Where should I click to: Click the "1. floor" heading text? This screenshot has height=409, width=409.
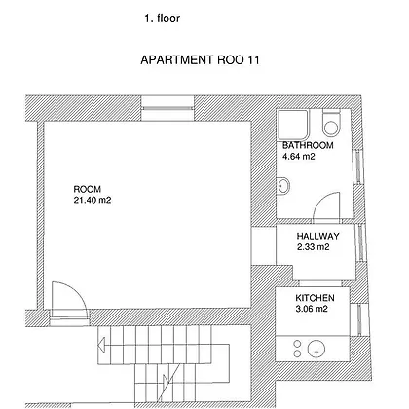[x=162, y=19]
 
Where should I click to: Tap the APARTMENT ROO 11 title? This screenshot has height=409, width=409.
[x=200, y=60]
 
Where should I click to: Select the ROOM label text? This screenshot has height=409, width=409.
[x=88, y=189]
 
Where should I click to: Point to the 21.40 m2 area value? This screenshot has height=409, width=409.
[x=93, y=200]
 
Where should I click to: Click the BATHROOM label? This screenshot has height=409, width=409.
[x=308, y=145]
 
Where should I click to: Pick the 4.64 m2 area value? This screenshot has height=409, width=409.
[x=299, y=157]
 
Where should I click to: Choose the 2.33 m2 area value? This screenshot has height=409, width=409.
[x=314, y=247]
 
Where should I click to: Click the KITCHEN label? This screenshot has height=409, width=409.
[x=315, y=298]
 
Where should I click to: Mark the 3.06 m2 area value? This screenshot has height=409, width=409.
[x=312, y=309]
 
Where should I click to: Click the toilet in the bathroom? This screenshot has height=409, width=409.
[x=331, y=123]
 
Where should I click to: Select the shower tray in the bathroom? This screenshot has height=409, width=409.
[x=293, y=125]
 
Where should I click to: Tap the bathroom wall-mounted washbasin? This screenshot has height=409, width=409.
[x=283, y=186]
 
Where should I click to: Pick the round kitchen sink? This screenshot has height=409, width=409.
[x=316, y=349]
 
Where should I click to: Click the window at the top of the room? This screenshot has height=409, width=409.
[x=167, y=108]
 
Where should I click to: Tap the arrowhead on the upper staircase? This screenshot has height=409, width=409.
[x=101, y=345]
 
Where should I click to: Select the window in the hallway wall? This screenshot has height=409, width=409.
[x=360, y=242]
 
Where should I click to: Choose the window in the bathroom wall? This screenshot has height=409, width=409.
[x=357, y=167]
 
